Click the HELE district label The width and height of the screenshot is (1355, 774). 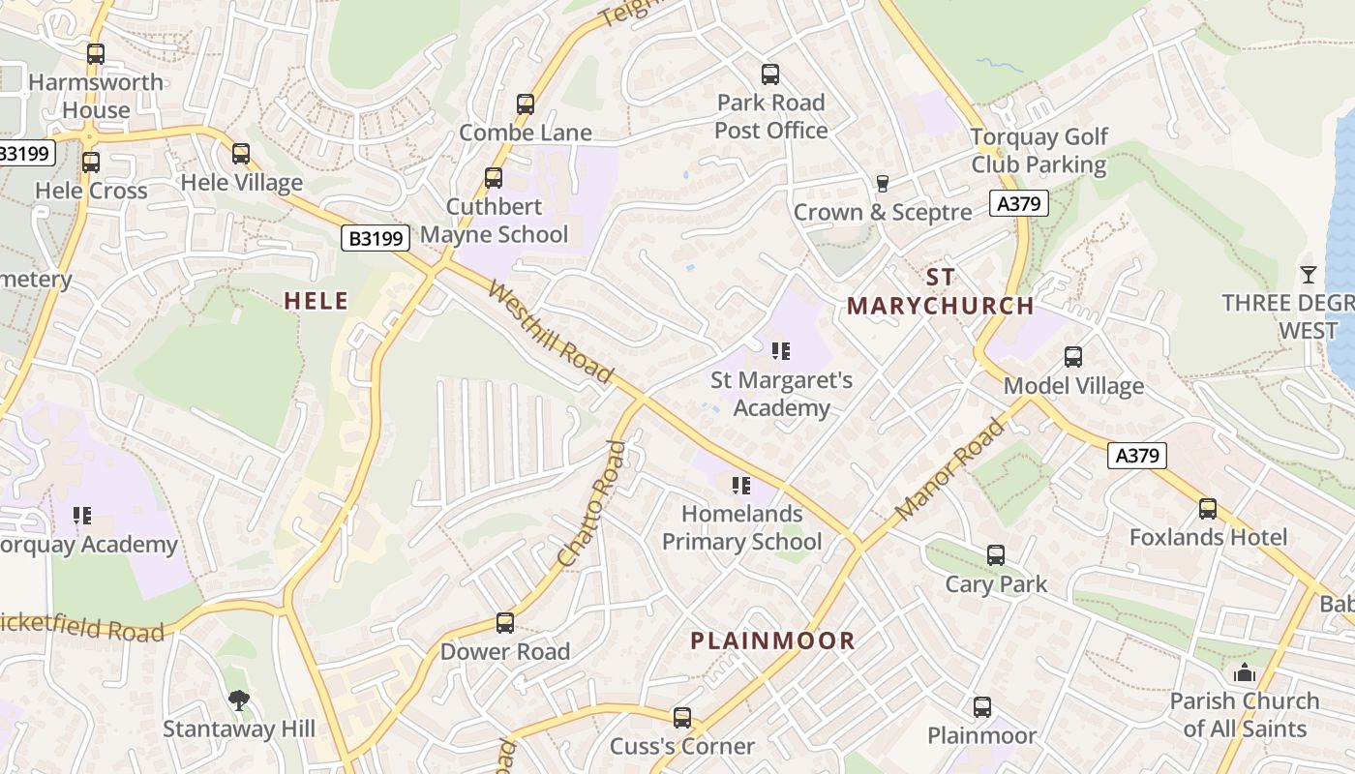tap(316, 301)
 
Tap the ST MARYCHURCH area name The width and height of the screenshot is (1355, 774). tap(940, 291)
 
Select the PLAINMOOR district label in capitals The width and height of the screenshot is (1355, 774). tap(772, 640)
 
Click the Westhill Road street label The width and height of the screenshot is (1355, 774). tap(551, 331)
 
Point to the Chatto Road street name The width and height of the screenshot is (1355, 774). tap(592, 504)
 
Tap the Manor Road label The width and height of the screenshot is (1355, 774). tap(950, 468)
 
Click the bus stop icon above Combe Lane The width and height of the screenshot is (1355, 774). tap(526, 104)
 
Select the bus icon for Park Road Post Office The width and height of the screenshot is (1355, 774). tap(770, 74)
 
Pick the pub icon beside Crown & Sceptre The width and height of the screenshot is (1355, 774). tap(882, 184)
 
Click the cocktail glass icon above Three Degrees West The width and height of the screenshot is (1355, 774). tap(1309, 275)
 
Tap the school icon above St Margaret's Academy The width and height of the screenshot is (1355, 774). tap(781, 351)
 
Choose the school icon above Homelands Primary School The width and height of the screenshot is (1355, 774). tap(741, 485)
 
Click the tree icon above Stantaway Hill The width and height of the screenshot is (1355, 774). tap(238, 700)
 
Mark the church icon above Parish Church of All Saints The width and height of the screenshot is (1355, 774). tap(1244, 672)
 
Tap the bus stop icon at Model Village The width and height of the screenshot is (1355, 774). tap(1073, 357)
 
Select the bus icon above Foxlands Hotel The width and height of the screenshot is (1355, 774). tap(1208, 509)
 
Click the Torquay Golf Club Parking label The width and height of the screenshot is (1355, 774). tap(1039, 151)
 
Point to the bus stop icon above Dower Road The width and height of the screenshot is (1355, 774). tap(505, 623)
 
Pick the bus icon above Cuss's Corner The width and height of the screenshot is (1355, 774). tap(682, 718)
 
